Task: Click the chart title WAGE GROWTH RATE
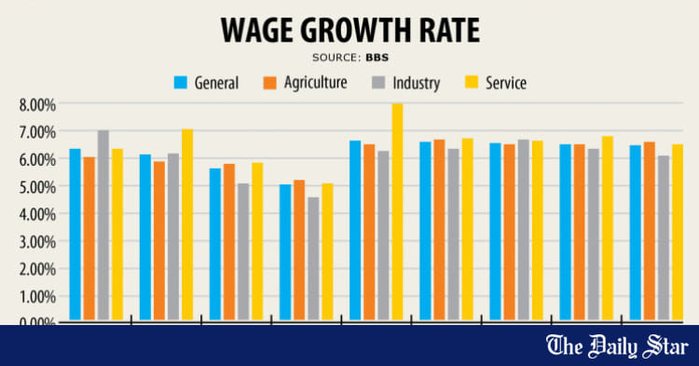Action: point(349,30)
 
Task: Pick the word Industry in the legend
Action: point(416,83)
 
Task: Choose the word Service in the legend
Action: point(504,83)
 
